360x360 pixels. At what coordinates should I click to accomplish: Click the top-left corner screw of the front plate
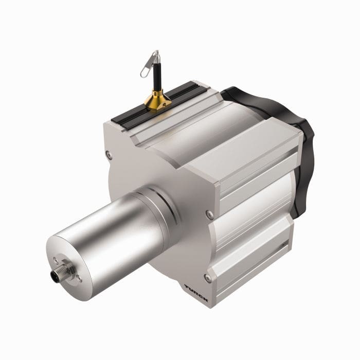point(107,153)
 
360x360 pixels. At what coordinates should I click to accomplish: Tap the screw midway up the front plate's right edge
point(208,212)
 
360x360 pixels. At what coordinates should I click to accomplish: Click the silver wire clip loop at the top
point(149,66)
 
